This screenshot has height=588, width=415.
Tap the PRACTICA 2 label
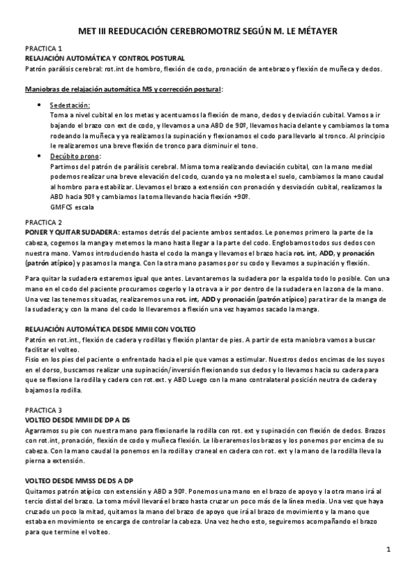click(44, 222)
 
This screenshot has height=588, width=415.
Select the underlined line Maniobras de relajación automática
click(124, 89)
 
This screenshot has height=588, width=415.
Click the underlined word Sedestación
click(70, 104)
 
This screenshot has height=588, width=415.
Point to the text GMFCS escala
click(73, 207)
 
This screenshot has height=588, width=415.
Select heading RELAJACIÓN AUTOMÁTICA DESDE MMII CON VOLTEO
click(111, 328)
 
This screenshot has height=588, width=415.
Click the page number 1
click(389, 550)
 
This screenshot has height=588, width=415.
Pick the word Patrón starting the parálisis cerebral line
click(36, 69)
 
